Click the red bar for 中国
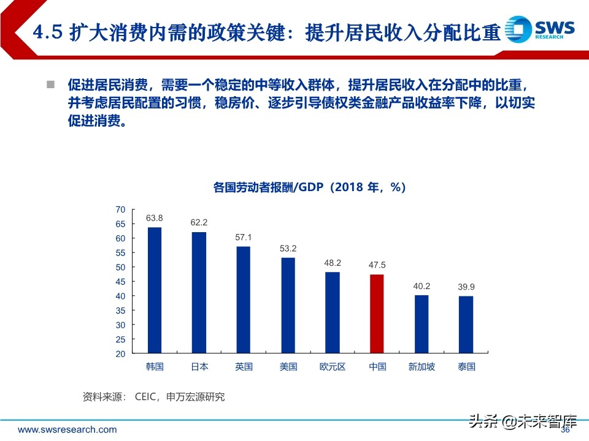coord(377,314)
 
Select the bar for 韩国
coord(155,290)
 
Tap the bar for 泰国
coord(466,325)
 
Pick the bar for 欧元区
coord(333,312)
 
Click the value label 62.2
coord(199,222)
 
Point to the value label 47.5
coord(377,265)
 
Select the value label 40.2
coord(422,285)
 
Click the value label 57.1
coord(244,237)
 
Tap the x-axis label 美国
coord(288,367)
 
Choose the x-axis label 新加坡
coord(422,367)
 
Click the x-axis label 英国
coord(244,367)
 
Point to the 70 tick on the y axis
coord(120,209)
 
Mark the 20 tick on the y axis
coord(120,354)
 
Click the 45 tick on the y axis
coord(120,282)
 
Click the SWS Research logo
coord(540,29)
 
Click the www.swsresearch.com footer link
coord(67,430)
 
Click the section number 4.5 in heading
coord(47,32)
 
